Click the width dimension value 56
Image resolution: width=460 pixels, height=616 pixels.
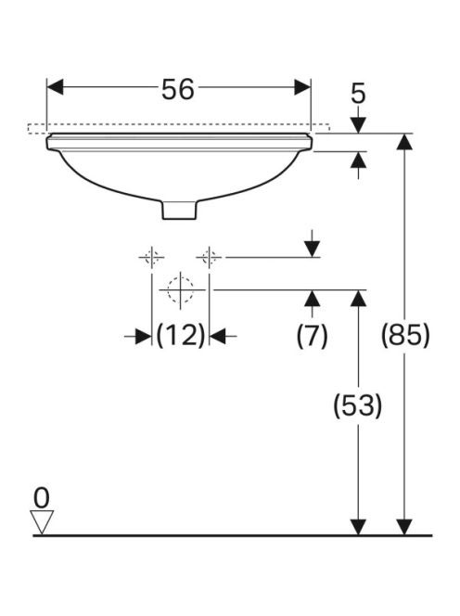coord(177,89)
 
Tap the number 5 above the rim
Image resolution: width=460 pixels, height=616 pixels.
coord(358,94)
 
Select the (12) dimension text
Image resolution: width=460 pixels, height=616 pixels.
coord(181,336)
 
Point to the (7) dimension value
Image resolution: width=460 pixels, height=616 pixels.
coord(312,336)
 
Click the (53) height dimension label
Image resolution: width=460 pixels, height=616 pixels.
coord(357,405)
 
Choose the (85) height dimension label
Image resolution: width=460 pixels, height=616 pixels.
coord(405,335)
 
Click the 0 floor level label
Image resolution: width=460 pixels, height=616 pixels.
coord(41,498)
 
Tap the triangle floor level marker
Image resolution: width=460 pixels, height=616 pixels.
coord(42,522)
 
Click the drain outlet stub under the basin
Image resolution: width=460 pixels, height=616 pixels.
coord(179,210)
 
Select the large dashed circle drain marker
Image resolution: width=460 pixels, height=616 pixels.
coord(180,290)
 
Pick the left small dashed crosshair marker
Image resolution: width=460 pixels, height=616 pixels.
coord(151,258)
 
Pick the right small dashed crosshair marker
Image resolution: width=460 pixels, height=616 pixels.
coord(209,258)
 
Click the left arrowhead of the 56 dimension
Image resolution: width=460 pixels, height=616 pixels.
coord(55,87)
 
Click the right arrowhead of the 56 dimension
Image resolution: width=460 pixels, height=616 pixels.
coord(302,87)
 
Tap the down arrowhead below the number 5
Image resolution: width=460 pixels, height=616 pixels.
coord(358,125)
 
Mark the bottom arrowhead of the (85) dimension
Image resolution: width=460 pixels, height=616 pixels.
coord(404,527)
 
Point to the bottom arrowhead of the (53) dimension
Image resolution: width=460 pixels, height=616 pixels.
coord(358,527)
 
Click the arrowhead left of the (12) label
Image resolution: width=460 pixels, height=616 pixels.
coord(144,336)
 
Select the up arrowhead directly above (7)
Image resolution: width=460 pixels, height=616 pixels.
coord(313,299)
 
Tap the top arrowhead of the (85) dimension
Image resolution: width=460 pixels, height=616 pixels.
coord(404,142)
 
